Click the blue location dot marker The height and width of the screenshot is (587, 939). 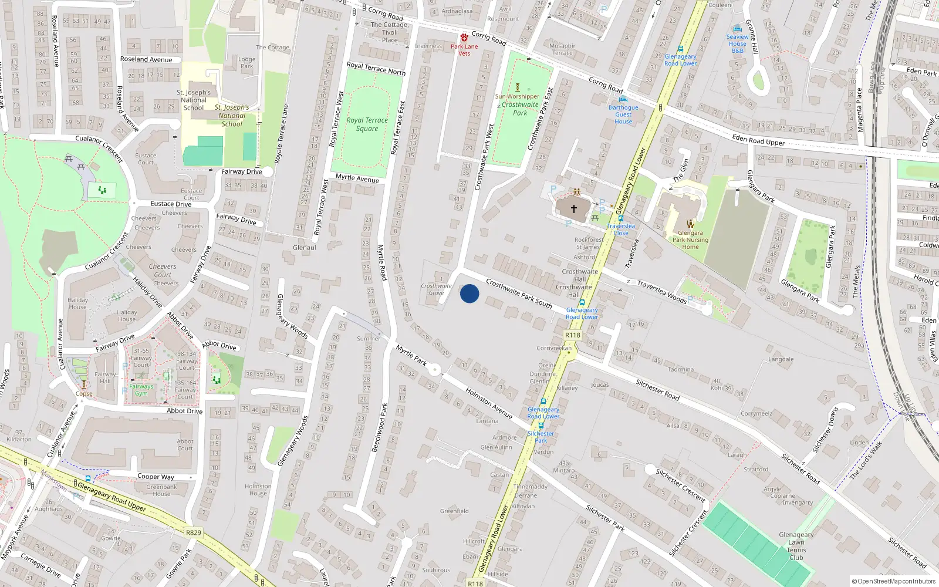(469, 293)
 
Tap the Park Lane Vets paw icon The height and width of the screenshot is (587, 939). (464, 38)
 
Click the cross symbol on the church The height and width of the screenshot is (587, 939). (573, 208)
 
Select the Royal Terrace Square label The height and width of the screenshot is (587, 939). (367, 124)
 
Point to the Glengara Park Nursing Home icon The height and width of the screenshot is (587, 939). (690, 223)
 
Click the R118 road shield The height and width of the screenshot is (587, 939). (572, 335)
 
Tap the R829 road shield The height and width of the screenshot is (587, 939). (193, 533)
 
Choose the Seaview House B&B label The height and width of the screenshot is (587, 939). (737, 43)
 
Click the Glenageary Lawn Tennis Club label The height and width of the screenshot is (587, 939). (796, 546)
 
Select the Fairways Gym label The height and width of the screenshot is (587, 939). (141, 390)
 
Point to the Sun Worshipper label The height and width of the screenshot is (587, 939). (517, 96)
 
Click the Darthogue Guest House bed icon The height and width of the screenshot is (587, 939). (623, 99)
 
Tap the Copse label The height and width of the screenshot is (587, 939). (84, 394)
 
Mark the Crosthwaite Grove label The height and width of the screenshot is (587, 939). (436, 289)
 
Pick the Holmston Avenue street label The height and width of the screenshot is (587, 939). (488, 403)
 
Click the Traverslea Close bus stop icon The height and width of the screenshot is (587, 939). (620, 218)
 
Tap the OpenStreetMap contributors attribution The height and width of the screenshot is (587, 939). (893, 582)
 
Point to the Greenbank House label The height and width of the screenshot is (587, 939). (161, 490)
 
